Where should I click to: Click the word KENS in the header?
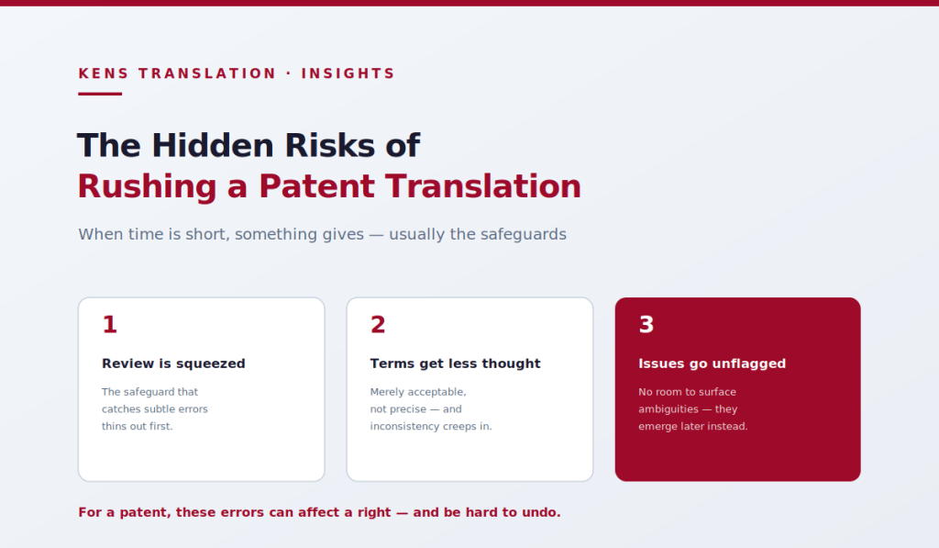click(x=104, y=73)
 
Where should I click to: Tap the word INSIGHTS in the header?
click(x=348, y=73)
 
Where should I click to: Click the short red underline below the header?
click(x=100, y=94)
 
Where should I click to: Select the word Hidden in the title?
click(x=213, y=146)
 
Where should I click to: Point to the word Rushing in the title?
click(x=148, y=187)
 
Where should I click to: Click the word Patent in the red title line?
click(x=316, y=186)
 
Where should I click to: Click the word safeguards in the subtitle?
click(x=508, y=234)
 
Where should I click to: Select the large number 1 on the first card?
click(x=110, y=324)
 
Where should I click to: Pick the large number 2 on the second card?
click(x=378, y=324)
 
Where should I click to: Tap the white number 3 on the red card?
click(x=646, y=324)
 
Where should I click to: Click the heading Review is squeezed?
click(x=173, y=363)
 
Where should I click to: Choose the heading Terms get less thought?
click(x=455, y=363)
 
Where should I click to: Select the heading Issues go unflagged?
click(x=712, y=363)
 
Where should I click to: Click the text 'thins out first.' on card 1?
click(x=138, y=426)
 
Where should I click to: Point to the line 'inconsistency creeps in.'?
click(x=431, y=426)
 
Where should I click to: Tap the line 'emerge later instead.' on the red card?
click(x=693, y=426)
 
